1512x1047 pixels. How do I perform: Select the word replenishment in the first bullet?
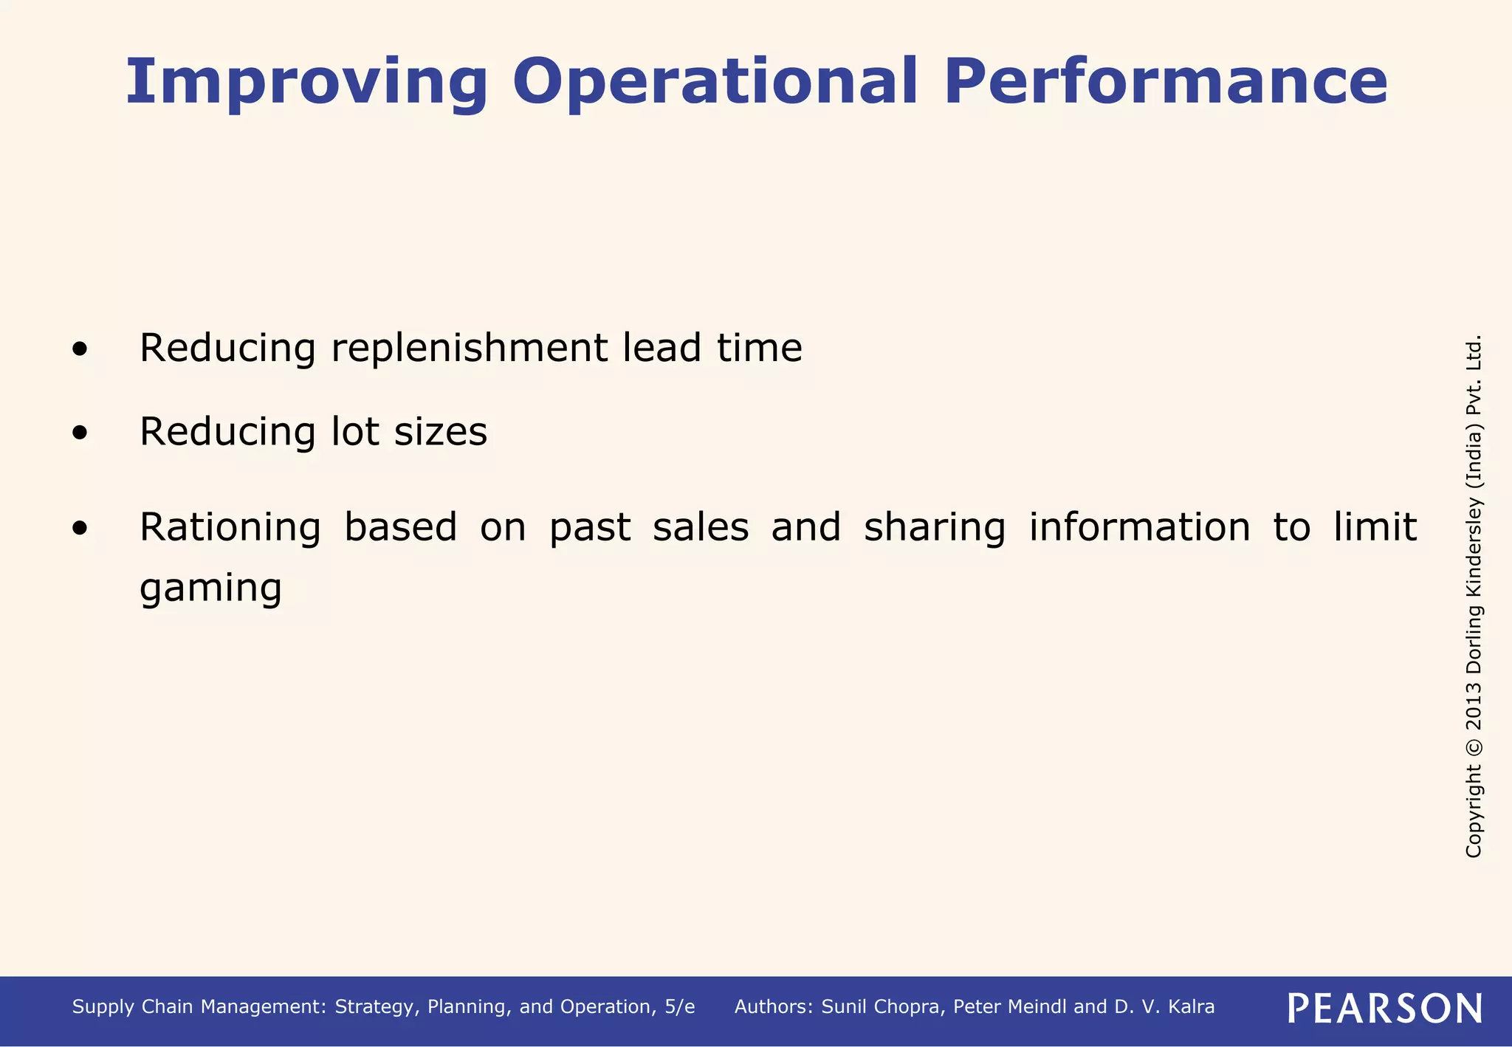(470, 348)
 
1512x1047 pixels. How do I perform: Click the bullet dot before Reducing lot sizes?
(80, 433)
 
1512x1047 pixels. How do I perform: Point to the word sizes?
(441, 432)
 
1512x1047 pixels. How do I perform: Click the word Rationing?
(230, 527)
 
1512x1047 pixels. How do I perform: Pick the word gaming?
(210, 588)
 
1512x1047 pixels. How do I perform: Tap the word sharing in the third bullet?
(935, 527)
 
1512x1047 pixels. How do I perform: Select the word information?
(1140, 527)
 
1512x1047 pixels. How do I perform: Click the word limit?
(1375, 527)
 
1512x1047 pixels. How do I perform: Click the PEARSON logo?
(1384, 1008)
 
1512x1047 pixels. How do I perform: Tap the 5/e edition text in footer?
(679, 1007)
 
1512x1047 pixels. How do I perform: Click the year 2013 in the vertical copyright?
(1474, 705)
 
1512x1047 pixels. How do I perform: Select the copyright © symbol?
(1474, 746)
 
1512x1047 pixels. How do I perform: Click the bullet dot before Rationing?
(80, 529)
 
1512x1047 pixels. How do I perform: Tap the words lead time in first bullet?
(712, 348)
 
